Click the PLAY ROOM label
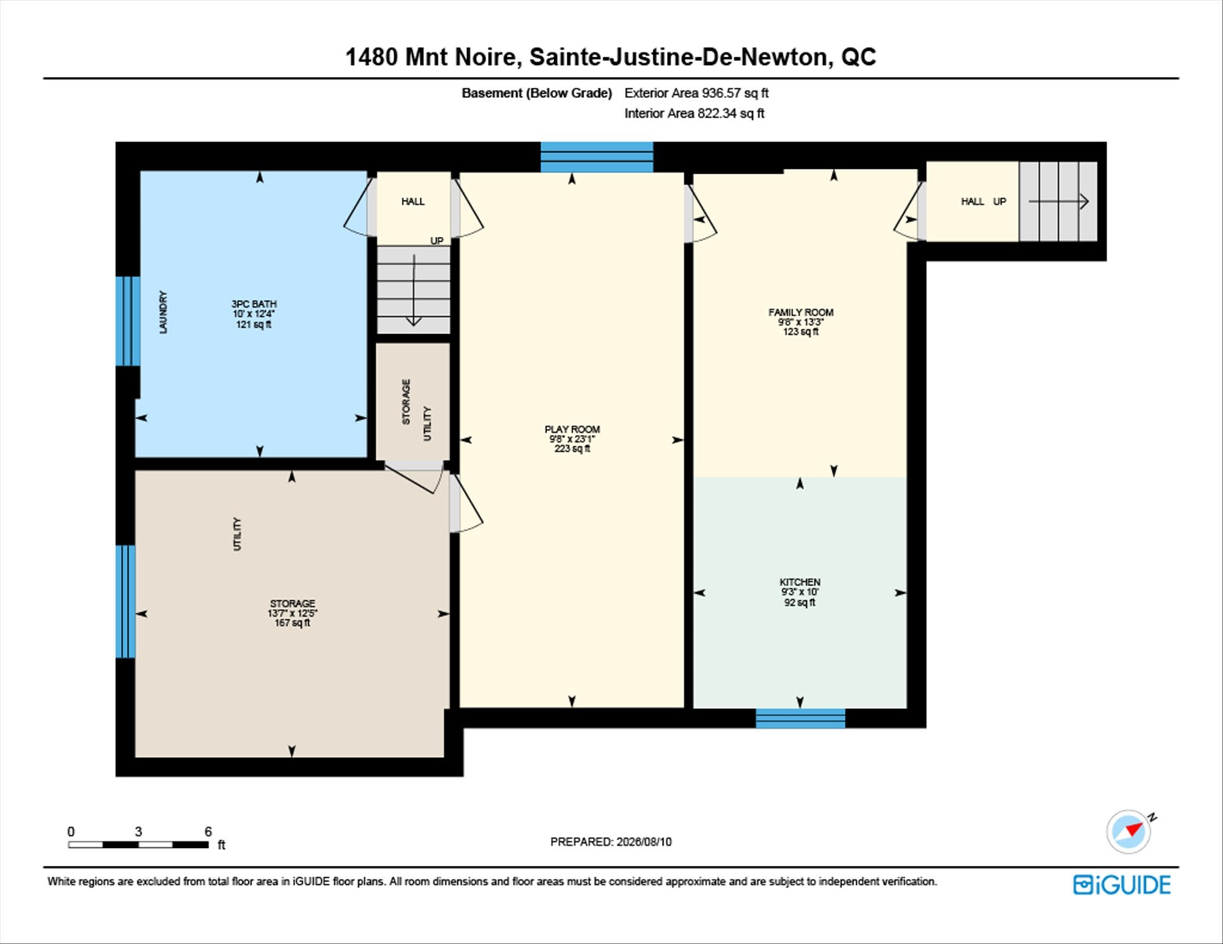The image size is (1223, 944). coord(572,429)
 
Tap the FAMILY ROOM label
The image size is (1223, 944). coord(801,312)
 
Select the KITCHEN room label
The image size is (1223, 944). coord(800,582)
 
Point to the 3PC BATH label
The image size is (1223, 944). coord(254,304)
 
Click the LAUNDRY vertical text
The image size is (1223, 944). coord(163,312)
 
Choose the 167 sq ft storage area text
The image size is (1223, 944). coord(292,623)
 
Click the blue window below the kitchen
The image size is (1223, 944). coord(800,718)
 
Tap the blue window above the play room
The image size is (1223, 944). coord(597,157)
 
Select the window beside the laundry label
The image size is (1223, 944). coord(127,321)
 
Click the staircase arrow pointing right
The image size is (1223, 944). coord(1059,202)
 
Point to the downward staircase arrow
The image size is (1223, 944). coord(414,290)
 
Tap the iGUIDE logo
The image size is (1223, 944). coord(1122,885)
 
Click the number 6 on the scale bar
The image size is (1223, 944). coord(208,831)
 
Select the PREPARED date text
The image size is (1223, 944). coord(611,842)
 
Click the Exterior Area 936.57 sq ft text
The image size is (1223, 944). coord(696,93)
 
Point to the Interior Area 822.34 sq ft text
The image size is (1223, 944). coord(694,113)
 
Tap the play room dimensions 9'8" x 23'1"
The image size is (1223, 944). coord(572,439)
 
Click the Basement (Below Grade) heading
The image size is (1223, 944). coord(536,93)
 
